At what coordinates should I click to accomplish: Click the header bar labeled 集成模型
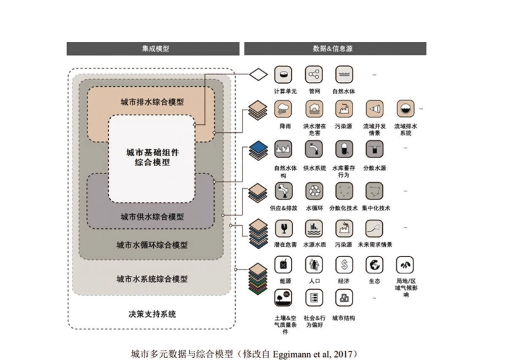tap(152, 49)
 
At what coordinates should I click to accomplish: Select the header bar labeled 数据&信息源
tap(335, 49)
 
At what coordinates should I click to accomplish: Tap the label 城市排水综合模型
tap(152, 102)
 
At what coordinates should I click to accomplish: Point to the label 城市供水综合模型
tap(152, 217)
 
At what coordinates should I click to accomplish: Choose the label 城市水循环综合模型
tap(152, 245)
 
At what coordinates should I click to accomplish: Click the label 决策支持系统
tap(152, 314)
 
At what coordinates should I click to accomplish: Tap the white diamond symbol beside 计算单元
tap(257, 75)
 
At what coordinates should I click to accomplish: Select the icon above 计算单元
tap(284, 75)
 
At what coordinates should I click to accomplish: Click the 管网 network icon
tap(314, 75)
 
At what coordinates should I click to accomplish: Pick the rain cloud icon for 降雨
tap(284, 110)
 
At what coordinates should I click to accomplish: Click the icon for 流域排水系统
tap(406, 110)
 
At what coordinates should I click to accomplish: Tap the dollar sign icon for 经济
tap(344, 265)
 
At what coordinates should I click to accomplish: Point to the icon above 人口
tap(314, 265)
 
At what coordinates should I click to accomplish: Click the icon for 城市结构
tap(344, 298)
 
